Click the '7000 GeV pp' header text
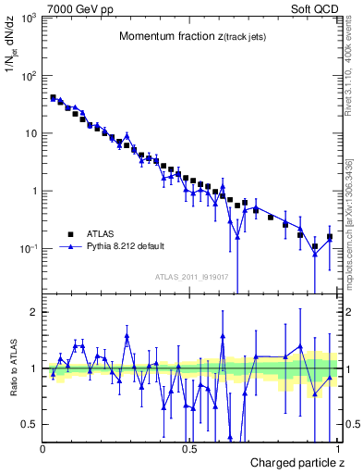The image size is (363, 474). point(72,7)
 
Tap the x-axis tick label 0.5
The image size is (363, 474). point(189,449)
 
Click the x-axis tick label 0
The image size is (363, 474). point(42,449)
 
